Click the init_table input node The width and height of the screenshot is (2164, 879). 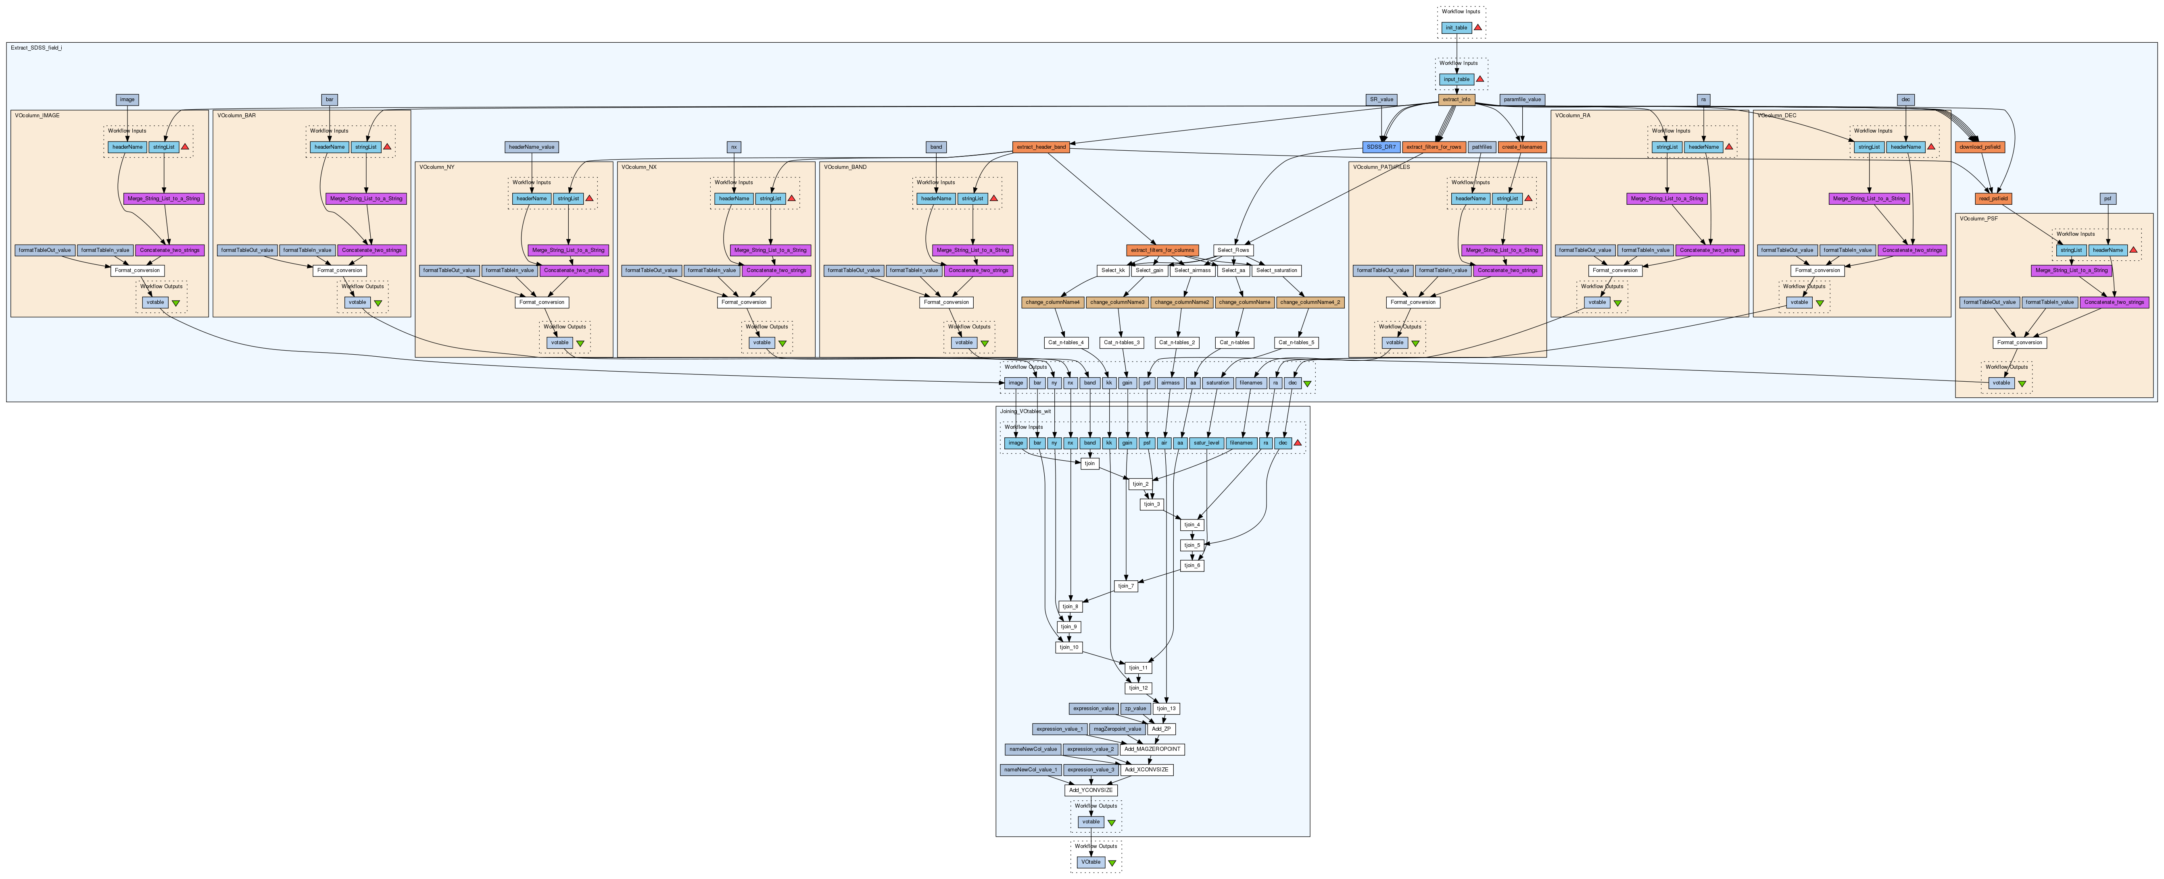pyautogui.click(x=1456, y=28)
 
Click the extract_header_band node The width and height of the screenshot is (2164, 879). pyautogui.click(x=1041, y=147)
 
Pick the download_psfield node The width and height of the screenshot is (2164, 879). pyautogui.click(x=1979, y=147)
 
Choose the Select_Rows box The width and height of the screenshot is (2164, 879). pyautogui.click(x=1232, y=250)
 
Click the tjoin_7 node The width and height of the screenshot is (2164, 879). pyautogui.click(x=1126, y=586)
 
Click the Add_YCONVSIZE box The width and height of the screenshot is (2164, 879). pyautogui.click(x=1090, y=790)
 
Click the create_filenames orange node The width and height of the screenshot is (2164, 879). pyautogui.click(x=1521, y=147)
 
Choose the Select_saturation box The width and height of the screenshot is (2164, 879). pyautogui.click(x=1276, y=270)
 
